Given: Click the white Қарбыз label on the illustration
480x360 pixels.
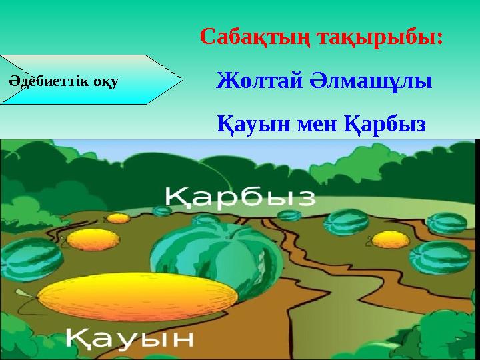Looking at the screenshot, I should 241,196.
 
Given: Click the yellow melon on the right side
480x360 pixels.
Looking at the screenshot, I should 390,239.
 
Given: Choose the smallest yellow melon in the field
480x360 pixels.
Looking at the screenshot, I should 119,218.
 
